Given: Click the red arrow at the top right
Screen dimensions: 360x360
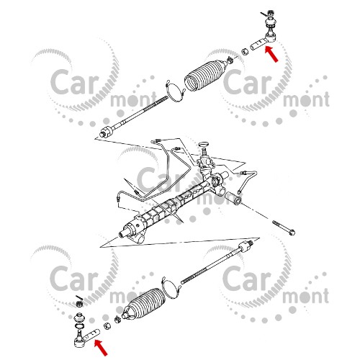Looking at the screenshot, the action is click(x=271, y=55).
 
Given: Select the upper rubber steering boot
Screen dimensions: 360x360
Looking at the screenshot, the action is click(x=205, y=75).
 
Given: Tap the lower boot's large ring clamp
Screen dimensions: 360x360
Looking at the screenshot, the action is click(x=171, y=287).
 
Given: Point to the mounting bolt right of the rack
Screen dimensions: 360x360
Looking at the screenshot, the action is click(x=284, y=228).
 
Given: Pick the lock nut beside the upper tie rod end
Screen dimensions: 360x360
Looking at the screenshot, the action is click(x=245, y=51).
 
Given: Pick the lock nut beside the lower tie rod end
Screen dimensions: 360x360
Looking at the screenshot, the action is click(x=107, y=326).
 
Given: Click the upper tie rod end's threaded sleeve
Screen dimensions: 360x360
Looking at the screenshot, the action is click(x=258, y=45).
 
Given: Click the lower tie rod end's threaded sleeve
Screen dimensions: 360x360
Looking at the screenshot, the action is click(x=92, y=334).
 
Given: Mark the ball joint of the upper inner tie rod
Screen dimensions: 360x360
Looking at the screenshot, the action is click(x=107, y=132).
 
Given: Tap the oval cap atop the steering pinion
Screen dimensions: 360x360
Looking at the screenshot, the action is click(x=204, y=144).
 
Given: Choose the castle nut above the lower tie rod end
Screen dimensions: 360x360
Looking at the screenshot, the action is click(x=78, y=304).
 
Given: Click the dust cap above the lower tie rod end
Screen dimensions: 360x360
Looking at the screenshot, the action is click(x=79, y=318).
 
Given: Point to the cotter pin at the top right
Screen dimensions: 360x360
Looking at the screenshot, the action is click(x=264, y=14).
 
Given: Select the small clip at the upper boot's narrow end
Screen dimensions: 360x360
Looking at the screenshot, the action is click(x=230, y=60).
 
